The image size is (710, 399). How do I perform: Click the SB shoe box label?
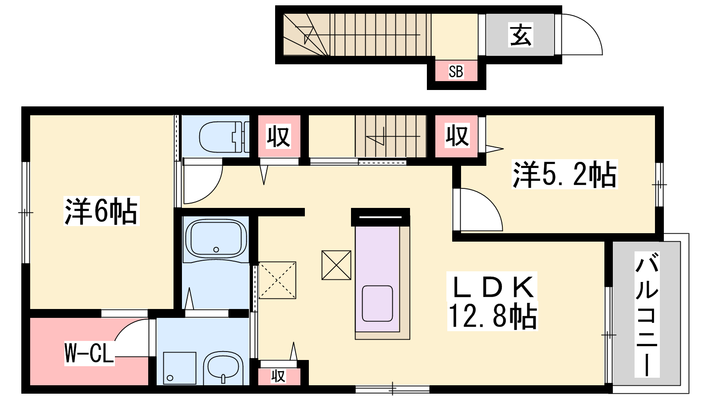[456, 71]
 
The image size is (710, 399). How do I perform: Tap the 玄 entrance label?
[521, 35]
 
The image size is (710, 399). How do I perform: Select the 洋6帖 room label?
[102, 211]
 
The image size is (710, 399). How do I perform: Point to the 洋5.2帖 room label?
[564, 174]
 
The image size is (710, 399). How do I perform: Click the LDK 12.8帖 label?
[492, 301]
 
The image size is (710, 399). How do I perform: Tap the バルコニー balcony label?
[647, 314]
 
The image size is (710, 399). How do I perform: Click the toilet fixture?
[224, 137]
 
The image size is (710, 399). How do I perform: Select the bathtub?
[216, 238]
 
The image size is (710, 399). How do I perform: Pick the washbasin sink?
[223, 368]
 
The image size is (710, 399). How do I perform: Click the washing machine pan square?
[180, 368]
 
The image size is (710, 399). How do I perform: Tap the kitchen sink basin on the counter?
[377, 303]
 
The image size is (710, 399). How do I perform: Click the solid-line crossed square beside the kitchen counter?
[336, 266]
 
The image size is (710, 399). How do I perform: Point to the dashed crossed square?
[277, 280]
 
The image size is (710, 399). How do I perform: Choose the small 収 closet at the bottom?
[278, 376]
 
